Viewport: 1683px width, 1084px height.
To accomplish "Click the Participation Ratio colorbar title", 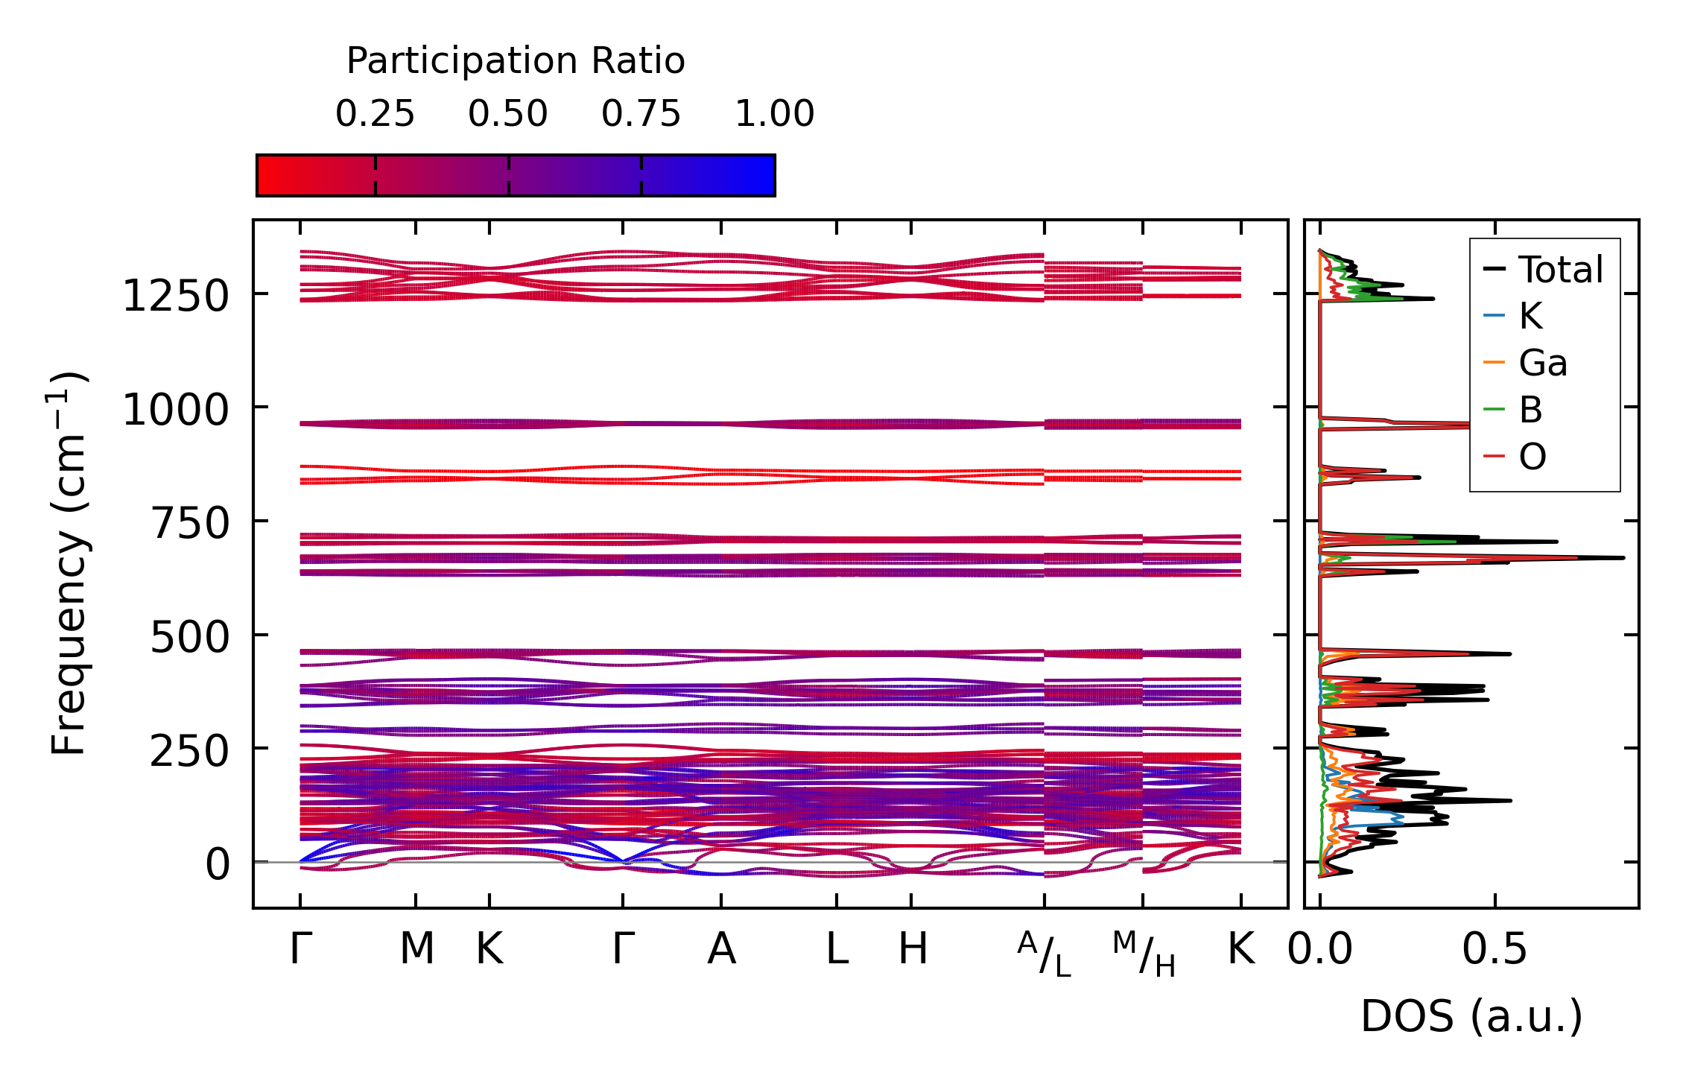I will click(x=516, y=61).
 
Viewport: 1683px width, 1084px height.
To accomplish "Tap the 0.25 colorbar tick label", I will click(x=375, y=114).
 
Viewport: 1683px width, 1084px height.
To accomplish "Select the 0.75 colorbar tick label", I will click(x=641, y=114).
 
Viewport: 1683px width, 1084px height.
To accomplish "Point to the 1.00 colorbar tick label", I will click(x=774, y=114).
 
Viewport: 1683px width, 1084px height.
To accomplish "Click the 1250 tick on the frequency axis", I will click(x=175, y=297).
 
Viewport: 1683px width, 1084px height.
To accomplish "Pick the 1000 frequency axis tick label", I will click(x=175, y=411).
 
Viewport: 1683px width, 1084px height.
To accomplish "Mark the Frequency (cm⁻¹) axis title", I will click(x=69, y=563).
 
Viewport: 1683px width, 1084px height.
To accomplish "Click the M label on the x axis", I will click(x=416, y=949).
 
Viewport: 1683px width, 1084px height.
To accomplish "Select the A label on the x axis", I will click(x=721, y=949).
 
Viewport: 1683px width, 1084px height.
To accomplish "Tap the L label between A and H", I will click(x=837, y=949).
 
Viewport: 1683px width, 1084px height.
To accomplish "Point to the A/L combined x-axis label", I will click(x=1044, y=954).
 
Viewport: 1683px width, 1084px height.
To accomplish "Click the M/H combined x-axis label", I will click(x=1144, y=954).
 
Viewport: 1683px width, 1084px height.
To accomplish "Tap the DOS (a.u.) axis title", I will click(x=1471, y=1017).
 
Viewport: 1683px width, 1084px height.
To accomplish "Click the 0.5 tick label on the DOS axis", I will click(x=1495, y=950).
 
